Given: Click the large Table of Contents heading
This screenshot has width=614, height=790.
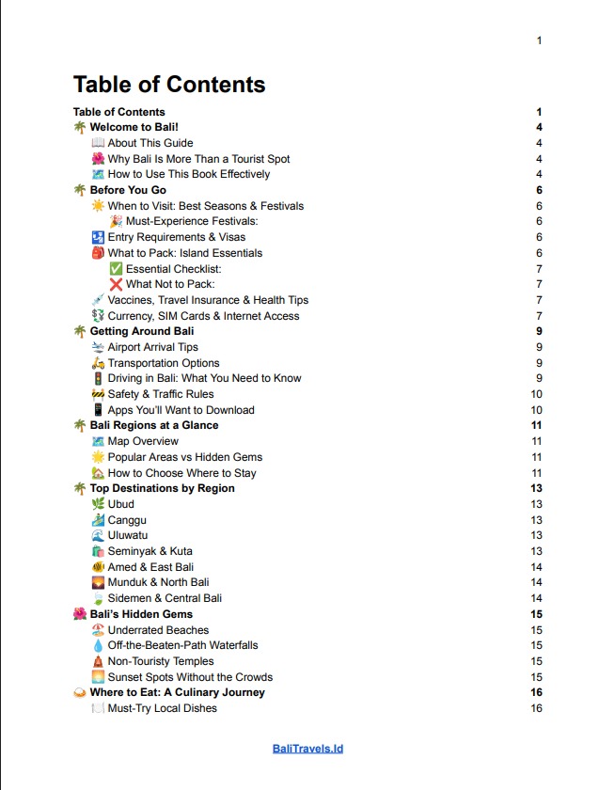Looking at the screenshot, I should click(169, 85).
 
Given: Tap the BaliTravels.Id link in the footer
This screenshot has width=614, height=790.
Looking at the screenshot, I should click(307, 749).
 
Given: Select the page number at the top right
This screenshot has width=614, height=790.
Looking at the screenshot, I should click(539, 40).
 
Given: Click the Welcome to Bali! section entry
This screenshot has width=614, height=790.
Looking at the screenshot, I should click(134, 127).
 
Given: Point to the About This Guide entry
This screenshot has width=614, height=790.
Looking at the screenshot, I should click(150, 143).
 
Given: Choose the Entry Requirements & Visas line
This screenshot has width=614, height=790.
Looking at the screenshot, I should click(177, 237).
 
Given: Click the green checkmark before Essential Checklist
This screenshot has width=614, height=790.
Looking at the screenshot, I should click(116, 269).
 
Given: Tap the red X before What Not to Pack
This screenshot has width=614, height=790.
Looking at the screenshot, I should click(116, 284).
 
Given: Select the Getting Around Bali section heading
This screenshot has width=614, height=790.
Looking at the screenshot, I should click(142, 331).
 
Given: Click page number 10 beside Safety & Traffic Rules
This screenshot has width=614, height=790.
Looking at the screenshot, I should click(536, 394).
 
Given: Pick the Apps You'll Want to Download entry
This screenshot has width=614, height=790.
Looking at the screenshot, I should click(181, 410).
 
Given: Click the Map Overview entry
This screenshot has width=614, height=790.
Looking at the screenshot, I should click(143, 441).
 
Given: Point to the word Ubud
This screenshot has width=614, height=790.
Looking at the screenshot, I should click(121, 504).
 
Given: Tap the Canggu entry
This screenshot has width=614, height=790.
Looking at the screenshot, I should click(127, 520).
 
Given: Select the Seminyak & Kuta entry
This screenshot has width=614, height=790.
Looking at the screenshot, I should click(148, 551).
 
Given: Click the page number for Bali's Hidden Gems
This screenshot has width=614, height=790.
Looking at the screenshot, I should click(536, 614).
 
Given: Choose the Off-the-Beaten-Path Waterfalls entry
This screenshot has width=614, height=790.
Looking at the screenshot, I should click(182, 645).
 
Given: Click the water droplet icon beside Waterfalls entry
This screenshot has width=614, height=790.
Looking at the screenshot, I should click(99, 645).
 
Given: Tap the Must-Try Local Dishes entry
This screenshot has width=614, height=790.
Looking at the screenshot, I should click(162, 708).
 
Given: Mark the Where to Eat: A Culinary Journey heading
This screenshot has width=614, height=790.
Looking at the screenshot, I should click(177, 692).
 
